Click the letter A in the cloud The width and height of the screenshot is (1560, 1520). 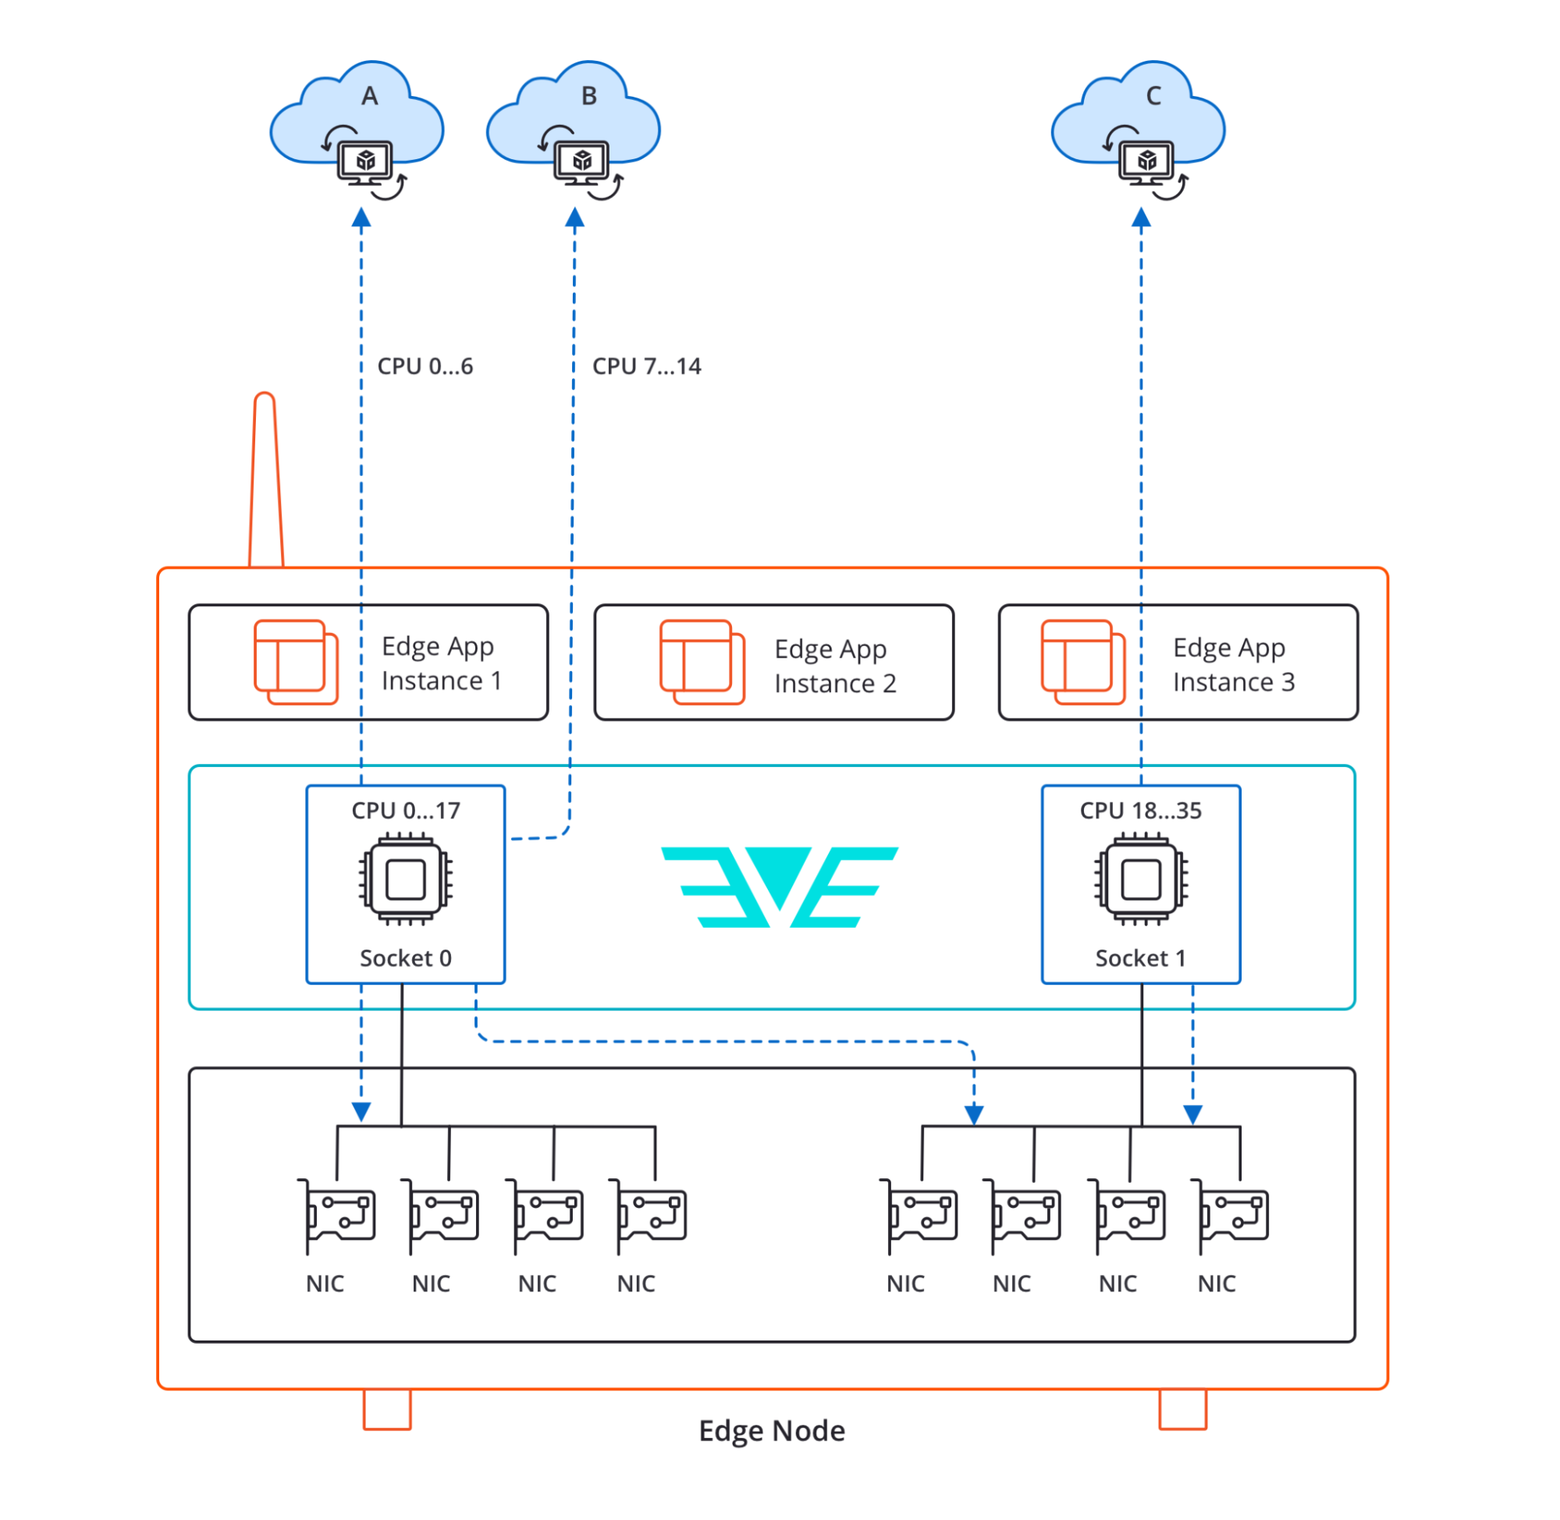(x=369, y=96)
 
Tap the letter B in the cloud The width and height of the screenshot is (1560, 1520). (x=588, y=96)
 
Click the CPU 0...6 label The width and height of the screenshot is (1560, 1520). (x=425, y=367)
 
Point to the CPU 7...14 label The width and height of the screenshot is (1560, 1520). (x=646, y=367)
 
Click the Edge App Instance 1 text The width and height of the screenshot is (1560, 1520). (x=441, y=662)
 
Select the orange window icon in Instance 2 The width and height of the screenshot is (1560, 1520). (x=701, y=662)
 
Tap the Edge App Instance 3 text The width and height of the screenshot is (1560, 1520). (x=1232, y=664)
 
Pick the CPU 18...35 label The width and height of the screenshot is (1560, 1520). (x=1140, y=810)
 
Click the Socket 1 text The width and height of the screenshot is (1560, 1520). (x=1140, y=958)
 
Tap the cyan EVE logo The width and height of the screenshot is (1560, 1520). (x=779, y=886)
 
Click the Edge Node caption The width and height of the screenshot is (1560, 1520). (x=771, y=1430)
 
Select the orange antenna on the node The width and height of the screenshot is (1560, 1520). (x=266, y=479)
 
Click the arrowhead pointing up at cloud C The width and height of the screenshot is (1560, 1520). (x=1141, y=217)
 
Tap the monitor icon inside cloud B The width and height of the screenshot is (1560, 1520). (x=581, y=162)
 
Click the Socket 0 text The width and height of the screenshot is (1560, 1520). (x=406, y=958)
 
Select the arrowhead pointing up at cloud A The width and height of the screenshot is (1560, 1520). (x=361, y=217)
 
